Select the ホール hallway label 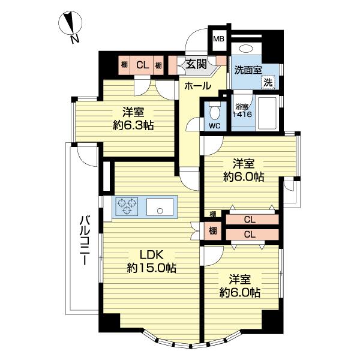197,86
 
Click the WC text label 214,127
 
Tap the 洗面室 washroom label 248,69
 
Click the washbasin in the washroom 245,50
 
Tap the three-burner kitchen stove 127,206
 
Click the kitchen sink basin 160,209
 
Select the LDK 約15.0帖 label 150,260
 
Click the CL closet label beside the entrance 142,65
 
